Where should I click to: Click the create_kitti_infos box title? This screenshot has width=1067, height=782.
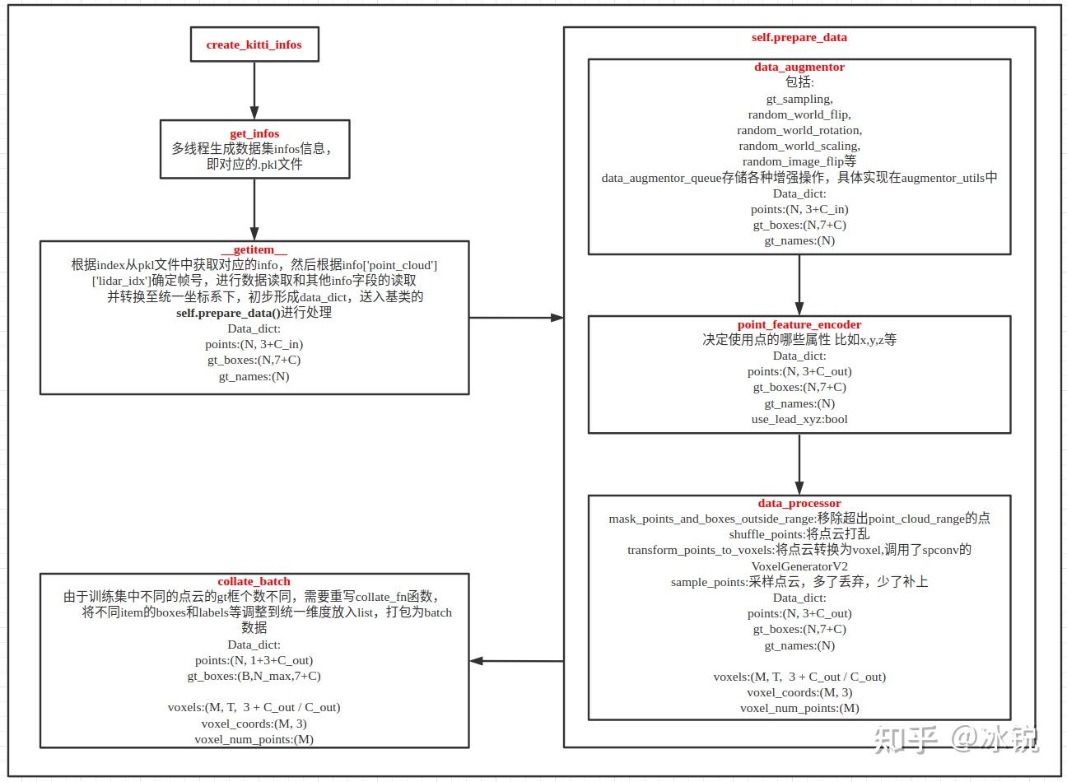(x=254, y=44)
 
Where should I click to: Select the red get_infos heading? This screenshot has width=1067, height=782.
(x=254, y=133)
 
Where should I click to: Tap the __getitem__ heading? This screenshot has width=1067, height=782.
(x=254, y=250)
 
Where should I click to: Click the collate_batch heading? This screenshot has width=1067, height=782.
(x=254, y=581)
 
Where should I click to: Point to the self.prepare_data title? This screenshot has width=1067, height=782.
(x=799, y=37)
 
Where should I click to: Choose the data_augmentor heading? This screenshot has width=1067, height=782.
(x=799, y=67)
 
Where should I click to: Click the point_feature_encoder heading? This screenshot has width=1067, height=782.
(x=799, y=324)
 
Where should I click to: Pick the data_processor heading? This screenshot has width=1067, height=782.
(x=799, y=503)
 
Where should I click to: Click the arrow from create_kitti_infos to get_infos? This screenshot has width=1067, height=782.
(x=254, y=91)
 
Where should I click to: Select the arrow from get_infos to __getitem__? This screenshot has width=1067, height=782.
(x=254, y=209)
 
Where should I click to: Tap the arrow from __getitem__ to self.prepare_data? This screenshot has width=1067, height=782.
(x=516, y=317)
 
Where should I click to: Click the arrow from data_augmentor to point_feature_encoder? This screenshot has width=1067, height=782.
(x=799, y=285)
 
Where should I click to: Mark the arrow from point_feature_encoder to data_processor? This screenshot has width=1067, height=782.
(x=799, y=463)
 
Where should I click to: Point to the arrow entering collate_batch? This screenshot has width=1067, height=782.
(x=516, y=661)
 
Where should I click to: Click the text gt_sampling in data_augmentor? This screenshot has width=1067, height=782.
(x=799, y=99)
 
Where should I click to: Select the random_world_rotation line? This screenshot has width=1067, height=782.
(x=799, y=130)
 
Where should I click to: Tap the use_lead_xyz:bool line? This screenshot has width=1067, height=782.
(x=799, y=419)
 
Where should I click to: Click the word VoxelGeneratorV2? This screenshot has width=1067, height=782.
(x=799, y=566)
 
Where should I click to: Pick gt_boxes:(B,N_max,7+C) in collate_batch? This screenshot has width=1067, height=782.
(x=254, y=676)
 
